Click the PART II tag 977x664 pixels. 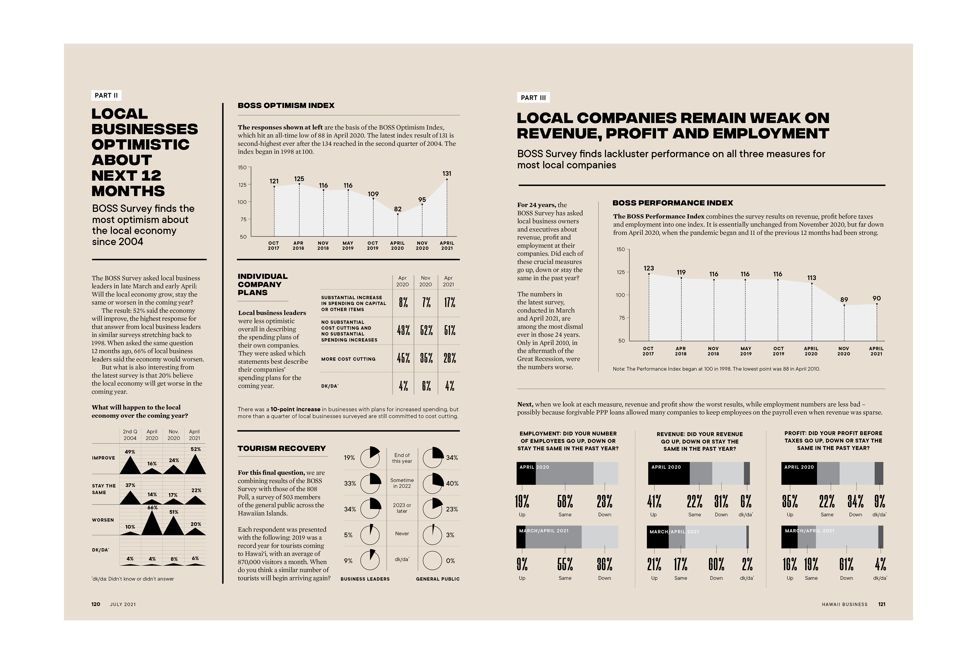click(x=106, y=95)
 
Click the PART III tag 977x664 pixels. click(x=533, y=97)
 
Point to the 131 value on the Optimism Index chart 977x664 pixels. click(x=447, y=173)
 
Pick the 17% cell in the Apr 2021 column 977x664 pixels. click(x=449, y=303)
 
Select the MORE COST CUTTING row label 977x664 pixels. click(x=348, y=359)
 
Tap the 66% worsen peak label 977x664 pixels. click(x=152, y=508)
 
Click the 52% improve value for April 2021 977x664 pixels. click(x=195, y=449)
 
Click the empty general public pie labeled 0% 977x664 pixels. click(x=433, y=560)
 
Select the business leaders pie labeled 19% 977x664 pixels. click(x=370, y=458)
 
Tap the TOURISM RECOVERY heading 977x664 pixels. click(x=282, y=448)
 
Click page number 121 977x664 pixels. click(x=882, y=604)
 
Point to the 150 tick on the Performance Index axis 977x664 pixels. click(x=621, y=249)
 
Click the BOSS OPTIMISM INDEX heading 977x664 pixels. click(x=286, y=106)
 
